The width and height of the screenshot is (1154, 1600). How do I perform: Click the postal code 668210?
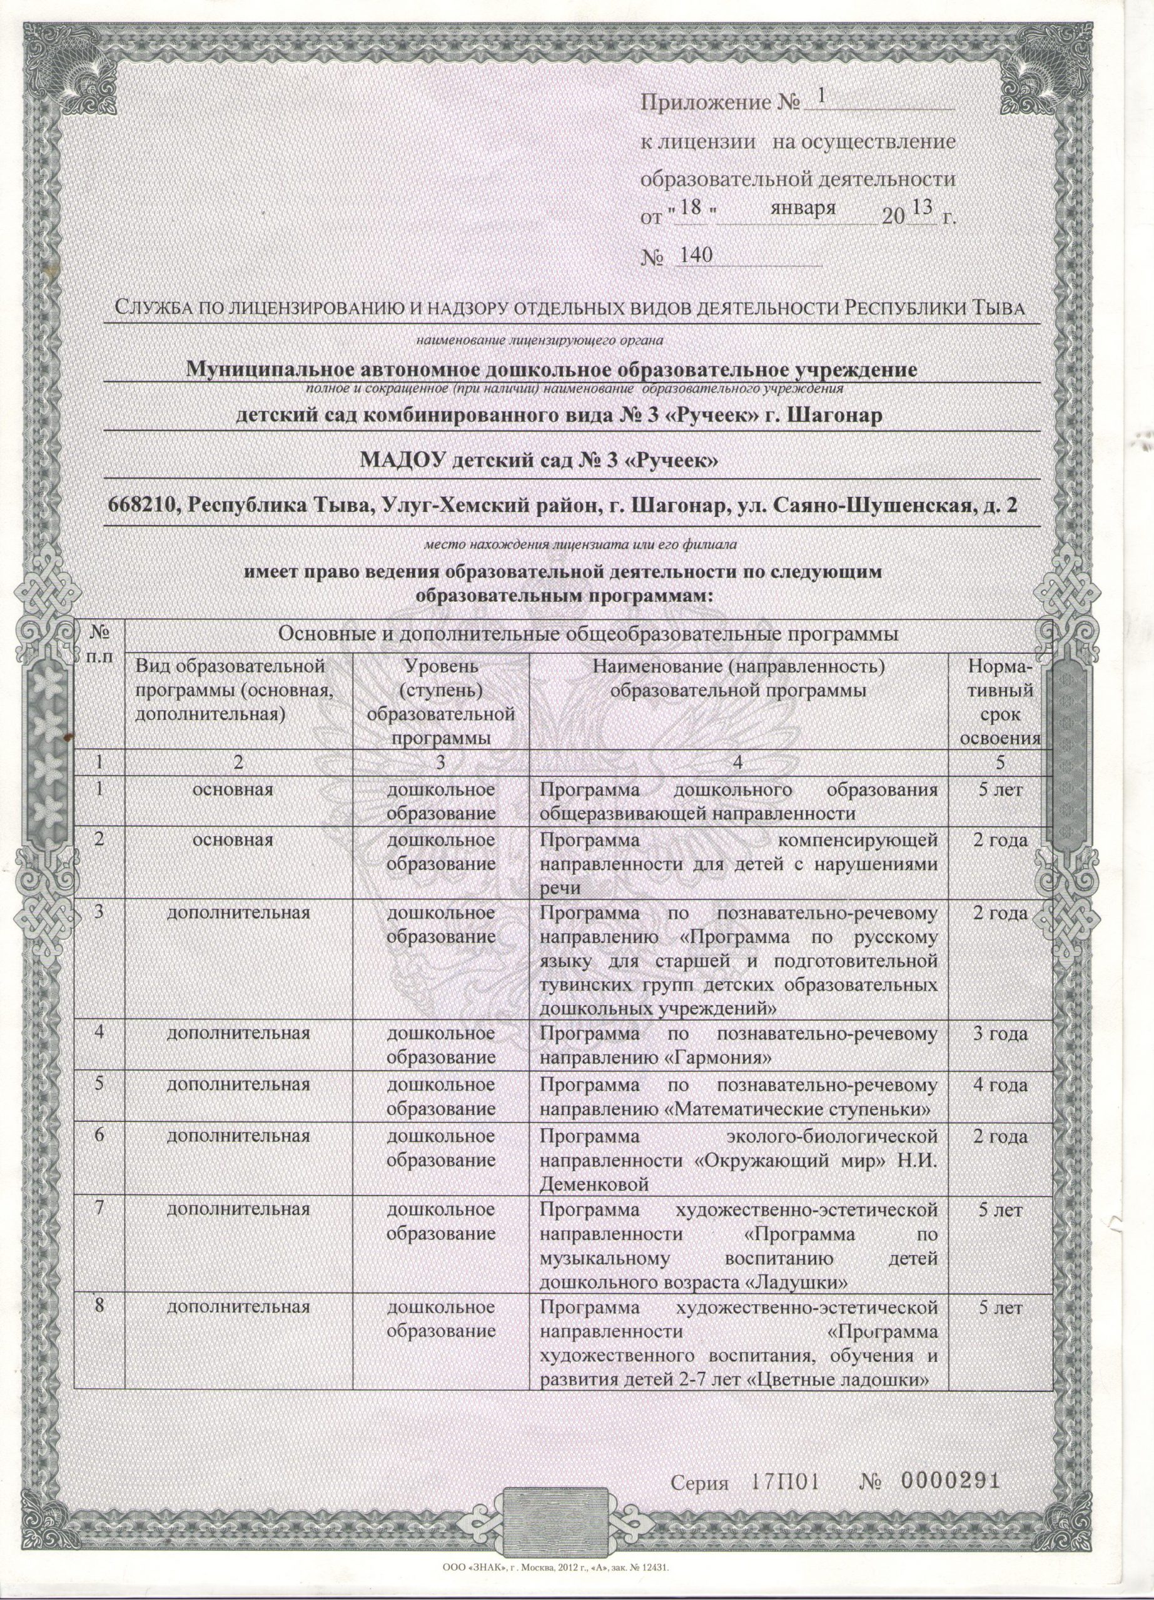click(143, 506)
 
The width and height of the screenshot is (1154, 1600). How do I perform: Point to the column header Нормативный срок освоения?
click(1002, 702)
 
